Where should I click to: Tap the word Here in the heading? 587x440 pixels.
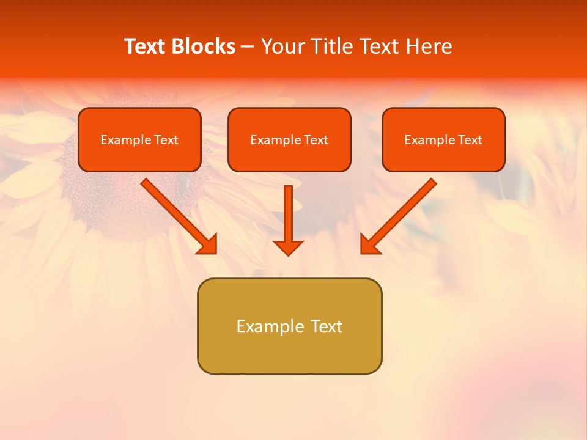428,46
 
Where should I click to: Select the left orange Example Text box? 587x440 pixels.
139,139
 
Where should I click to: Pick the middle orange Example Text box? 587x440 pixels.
289,139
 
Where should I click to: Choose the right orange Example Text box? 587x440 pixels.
443,139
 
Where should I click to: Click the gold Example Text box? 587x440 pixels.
289,326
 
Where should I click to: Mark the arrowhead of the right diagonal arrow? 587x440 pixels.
369,244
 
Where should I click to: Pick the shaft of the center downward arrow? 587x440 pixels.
288,211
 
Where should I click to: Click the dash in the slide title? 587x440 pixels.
248,47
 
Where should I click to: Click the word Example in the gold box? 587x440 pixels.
269,326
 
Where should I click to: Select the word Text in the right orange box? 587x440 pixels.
470,140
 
